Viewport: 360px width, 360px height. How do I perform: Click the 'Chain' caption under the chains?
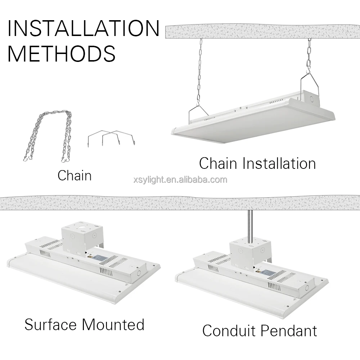click(75, 175)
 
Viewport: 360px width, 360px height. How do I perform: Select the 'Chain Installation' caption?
click(257, 163)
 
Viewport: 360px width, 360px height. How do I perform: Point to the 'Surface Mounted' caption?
click(84, 324)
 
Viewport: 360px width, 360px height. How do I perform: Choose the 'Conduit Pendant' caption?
click(260, 330)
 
